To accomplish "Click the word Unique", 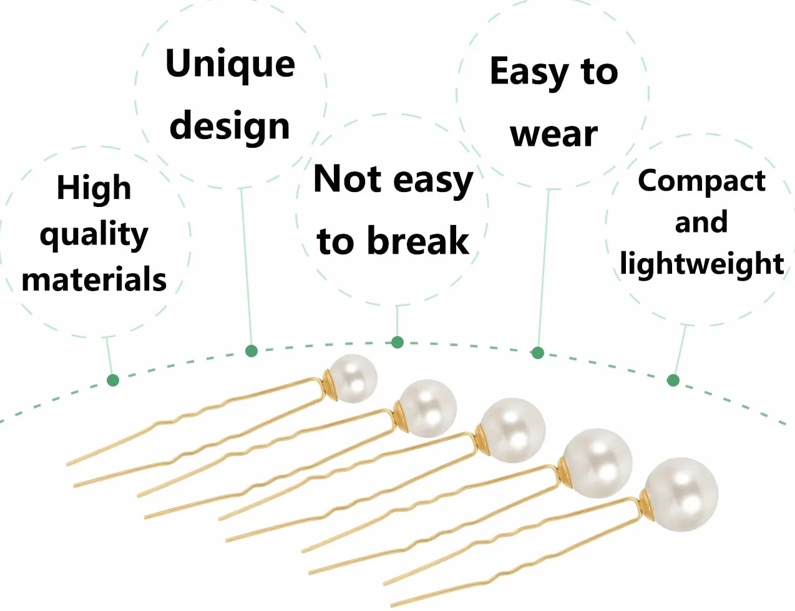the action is click(x=230, y=65).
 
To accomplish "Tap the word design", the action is click(x=230, y=126).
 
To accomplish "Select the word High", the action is click(x=94, y=189).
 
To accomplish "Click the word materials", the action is click(x=94, y=279).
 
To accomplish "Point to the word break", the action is click(x=418, y=241).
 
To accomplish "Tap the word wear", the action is click(x=554, y=135).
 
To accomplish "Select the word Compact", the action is click(x=701, y=182).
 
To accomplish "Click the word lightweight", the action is click(x=701, y=264).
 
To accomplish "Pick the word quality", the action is click(x=94, y=235).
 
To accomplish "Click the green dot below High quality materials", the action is click(x=113, y=380).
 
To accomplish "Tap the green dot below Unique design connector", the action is click(x=251, y=351).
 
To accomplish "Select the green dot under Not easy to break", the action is click(x=397, y=342).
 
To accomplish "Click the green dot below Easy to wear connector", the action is click(x=537, y=353).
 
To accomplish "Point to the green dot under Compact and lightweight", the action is click(x=673, y=380).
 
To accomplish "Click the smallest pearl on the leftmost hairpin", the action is click(x=353, y=378).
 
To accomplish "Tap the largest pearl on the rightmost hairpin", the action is click(x=681, y=495).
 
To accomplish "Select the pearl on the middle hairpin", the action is click(x=512, y=430).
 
